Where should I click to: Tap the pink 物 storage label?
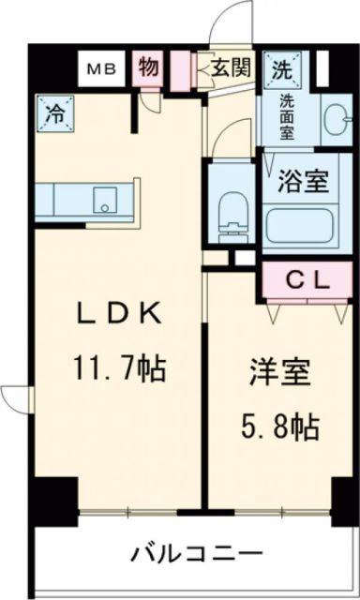[x=147, y=67]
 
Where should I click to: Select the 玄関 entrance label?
[x=229, y=67]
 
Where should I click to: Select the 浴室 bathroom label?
[x=307, y=179]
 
